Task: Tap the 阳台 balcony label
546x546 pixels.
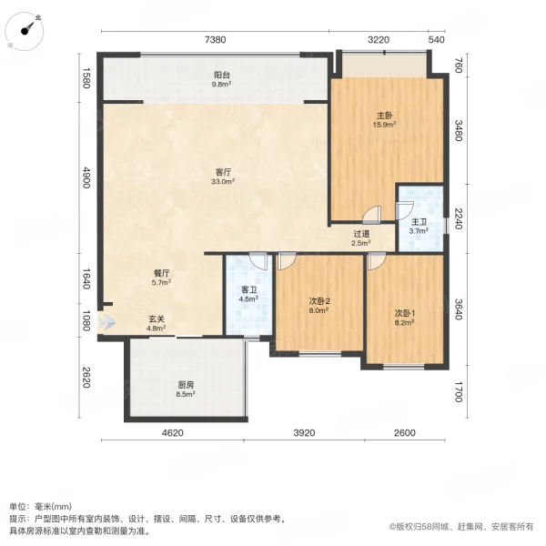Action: point(221,76)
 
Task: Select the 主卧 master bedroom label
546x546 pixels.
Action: point(384,116)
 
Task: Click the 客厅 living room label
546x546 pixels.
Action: point(222,171)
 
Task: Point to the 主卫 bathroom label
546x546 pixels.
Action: point(418,221)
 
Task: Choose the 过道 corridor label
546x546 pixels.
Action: point(361,234)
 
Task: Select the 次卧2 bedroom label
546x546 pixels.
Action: point(318,300)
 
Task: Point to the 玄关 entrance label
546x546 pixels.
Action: point(156,318)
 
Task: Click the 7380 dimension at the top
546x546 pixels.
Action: point(214,39)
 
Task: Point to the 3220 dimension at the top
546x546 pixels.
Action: point(379,39)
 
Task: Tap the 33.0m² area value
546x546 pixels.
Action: point(222,181)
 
